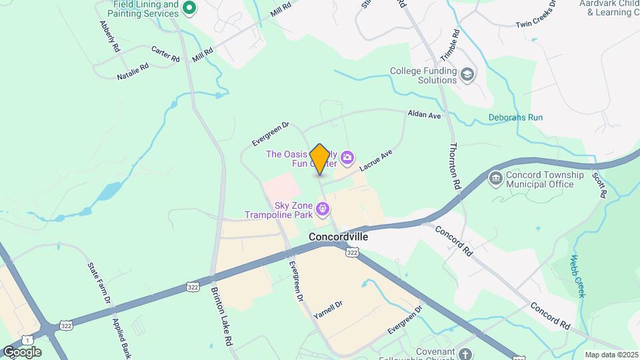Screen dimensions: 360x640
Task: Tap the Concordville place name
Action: (339, 237)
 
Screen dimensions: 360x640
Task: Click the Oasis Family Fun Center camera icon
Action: (347, 158)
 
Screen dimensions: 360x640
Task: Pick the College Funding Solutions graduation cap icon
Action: (468, 75)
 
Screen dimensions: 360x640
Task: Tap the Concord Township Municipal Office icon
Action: (495, 179)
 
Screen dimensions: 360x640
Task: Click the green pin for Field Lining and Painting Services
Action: (189, 9)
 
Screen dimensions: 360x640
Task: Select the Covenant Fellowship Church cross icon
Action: (466, 354)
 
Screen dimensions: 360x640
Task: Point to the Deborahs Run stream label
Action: (515, 117)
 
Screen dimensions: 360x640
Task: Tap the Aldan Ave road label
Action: (425, 115)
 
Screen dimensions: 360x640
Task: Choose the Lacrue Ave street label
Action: (376, 159)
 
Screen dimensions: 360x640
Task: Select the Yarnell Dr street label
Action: (327, 310)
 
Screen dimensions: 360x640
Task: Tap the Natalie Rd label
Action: (133, 72)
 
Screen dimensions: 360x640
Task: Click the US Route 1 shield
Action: (25, 339)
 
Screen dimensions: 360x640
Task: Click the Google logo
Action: (22, 351)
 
